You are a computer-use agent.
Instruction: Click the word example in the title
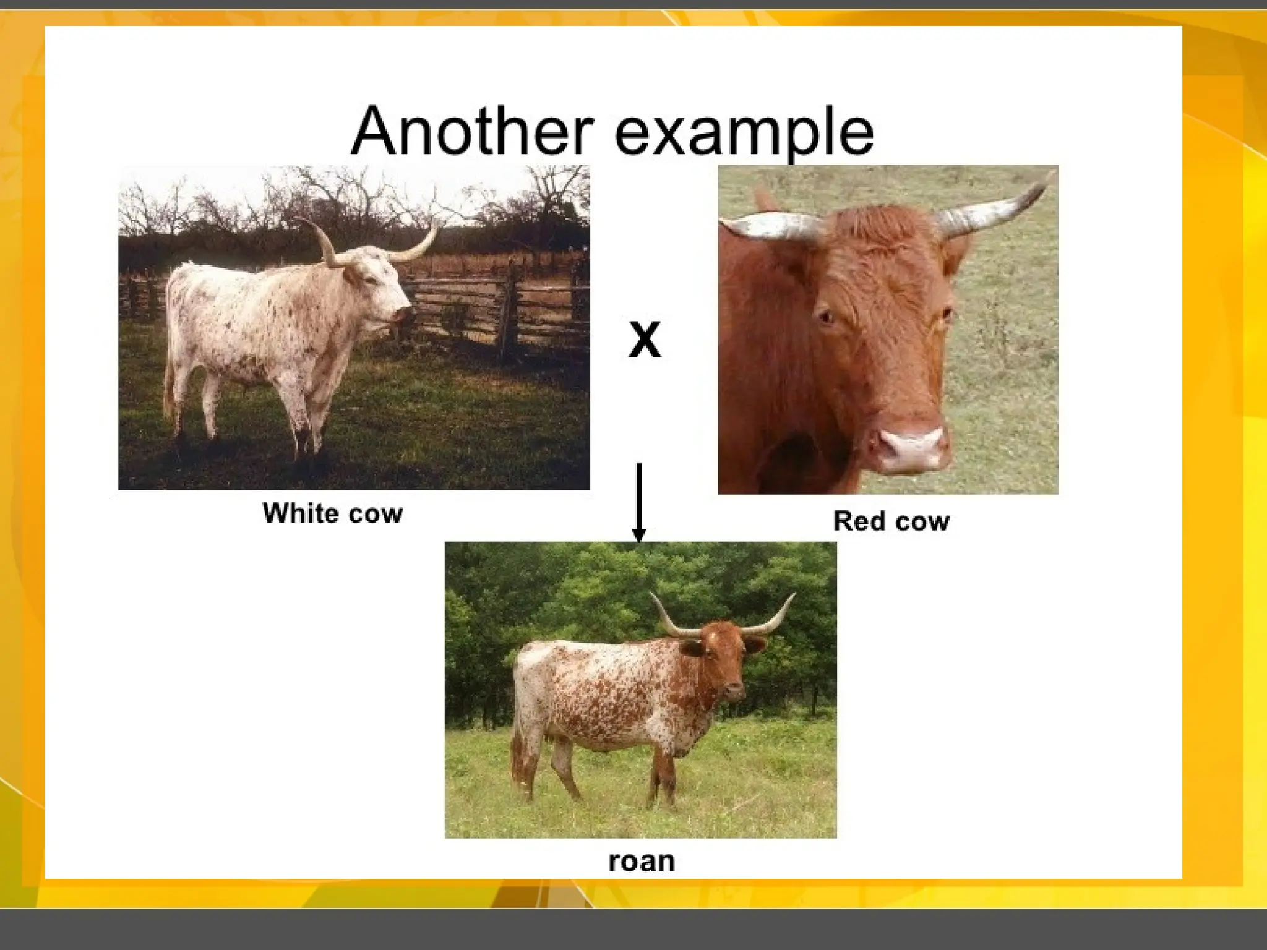tap(744, 133)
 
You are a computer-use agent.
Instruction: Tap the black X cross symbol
tap(645, 340)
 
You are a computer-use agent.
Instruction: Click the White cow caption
tap(332, 513)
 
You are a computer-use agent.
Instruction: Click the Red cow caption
tap(891, 521)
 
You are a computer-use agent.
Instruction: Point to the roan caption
tap(641, 862)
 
